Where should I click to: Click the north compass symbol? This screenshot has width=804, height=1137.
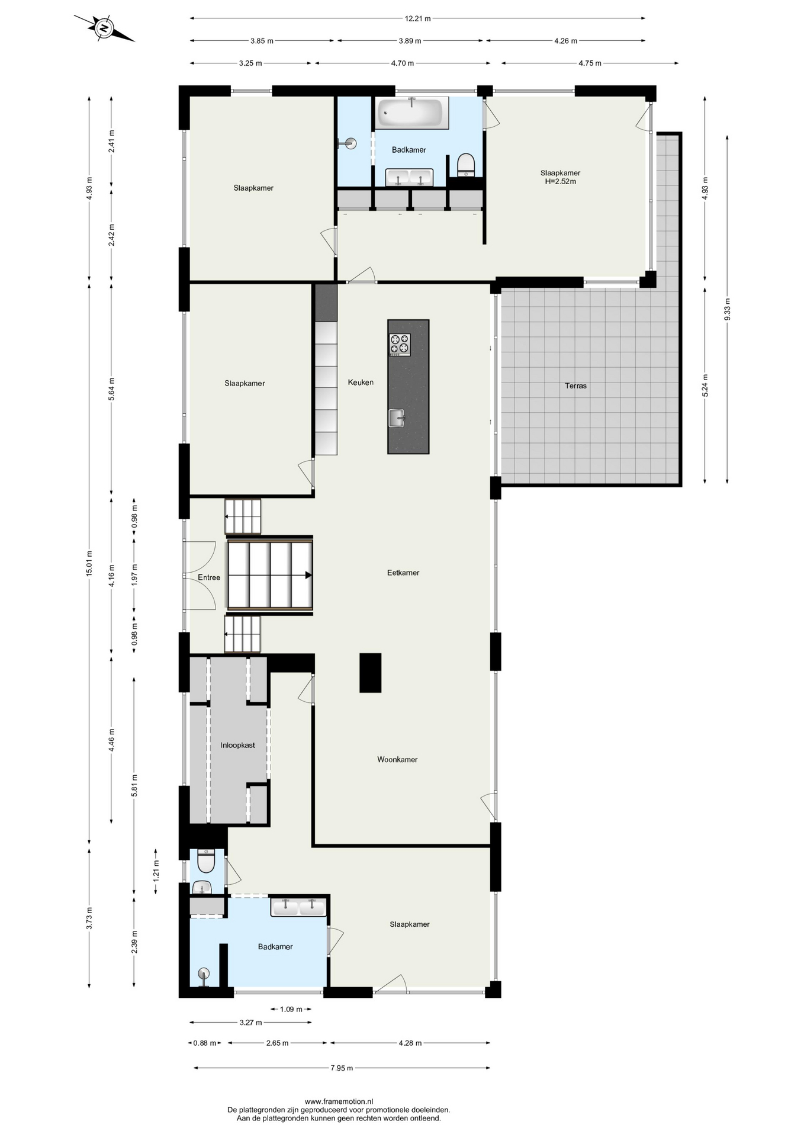pos(104,28)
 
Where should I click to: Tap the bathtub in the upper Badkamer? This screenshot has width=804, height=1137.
pos(411,113)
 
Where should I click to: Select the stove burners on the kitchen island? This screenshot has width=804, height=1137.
pos(400,345)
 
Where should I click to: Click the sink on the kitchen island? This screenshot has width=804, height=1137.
pos(397,418)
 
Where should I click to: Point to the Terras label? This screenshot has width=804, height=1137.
pos(575,386)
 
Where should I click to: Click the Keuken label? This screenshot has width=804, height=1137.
pos(361,383)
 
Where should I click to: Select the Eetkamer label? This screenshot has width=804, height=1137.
pos(403,573)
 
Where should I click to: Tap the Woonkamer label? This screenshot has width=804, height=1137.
pos(397,759)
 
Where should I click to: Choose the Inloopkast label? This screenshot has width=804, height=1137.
pos(238,745)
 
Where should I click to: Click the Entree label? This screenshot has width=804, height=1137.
pos(209,577)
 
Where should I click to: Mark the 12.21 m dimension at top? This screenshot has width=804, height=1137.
pos(418,18)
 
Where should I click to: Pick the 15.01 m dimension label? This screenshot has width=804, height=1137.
pos(89,564)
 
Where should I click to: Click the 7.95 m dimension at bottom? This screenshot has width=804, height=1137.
pos(342,1068)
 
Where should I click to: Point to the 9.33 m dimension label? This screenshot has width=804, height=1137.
pos(727,309)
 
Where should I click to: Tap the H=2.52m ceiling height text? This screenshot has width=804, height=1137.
pos(560,181)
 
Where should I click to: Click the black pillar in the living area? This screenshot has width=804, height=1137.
pos(371,673)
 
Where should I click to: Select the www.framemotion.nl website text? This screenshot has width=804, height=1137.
pos(339,1101)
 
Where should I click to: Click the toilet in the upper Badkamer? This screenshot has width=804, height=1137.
pos(466,165)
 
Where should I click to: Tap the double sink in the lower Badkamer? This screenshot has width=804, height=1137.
pos(298,907)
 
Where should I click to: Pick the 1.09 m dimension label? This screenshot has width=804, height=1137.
pos(291,1009)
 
